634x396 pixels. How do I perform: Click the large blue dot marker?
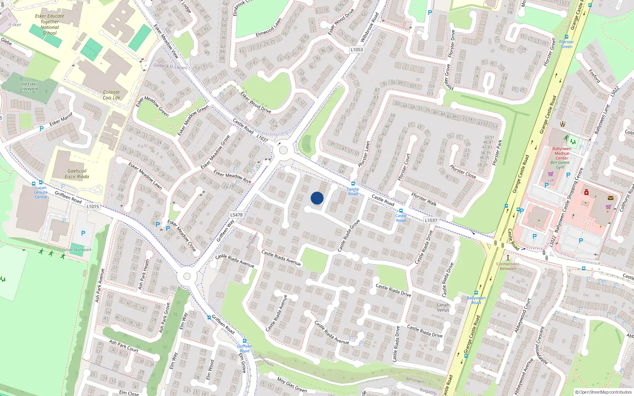tap(317, 198)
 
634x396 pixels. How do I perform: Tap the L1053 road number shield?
tap(357, 49)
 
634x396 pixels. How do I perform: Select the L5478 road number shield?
tap(236, 215)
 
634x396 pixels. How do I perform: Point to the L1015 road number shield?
tap(92, 206)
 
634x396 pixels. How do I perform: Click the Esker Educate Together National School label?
tap(50, 25)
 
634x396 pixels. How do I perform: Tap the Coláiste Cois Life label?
tap(111, 95)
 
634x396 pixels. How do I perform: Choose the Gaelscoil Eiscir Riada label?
tap(77, 174)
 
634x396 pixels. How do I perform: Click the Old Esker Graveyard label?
tap(29, 86)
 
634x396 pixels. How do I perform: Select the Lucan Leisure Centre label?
tap(41, 192)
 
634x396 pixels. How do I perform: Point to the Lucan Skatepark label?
tap(77, 250)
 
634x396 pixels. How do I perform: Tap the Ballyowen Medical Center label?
tap(561, 153)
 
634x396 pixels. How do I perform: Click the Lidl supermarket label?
tap(551, 180)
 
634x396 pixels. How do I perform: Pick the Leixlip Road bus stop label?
tap(353, 191)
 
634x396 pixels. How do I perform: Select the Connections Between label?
tap(508, 266)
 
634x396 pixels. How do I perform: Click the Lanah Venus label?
tap(443, 307)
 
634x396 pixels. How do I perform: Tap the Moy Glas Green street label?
tap(292, 385)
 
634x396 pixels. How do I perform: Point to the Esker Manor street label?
tap(61, 119)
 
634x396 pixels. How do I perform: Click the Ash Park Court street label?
tap(124, 346)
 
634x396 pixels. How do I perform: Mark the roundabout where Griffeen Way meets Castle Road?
tap(283, 150)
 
